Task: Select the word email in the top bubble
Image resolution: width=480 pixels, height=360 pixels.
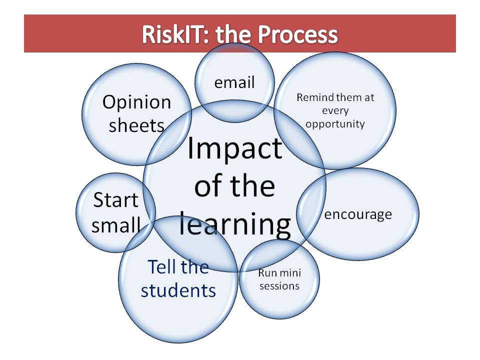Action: [x=234, y=82]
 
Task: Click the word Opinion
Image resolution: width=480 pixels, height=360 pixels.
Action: [x=136, y=103]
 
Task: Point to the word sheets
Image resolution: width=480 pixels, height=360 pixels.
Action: [x=136, y=125]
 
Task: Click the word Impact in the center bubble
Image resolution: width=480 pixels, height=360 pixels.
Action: [x=234, y=148]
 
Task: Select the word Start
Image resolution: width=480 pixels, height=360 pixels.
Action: [x=115, y=200]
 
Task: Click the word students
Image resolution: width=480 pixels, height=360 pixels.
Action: [x=178, y=290]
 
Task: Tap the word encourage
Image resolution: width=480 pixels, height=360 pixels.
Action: [x=358, y=214]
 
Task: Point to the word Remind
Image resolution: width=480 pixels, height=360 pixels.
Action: [x=313, y=97]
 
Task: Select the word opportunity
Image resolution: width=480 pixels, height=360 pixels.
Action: [x=335, y=123]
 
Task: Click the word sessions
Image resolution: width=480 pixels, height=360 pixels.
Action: [x=279, y=286]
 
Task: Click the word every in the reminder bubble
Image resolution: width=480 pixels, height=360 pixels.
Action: [x=335, y=110]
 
